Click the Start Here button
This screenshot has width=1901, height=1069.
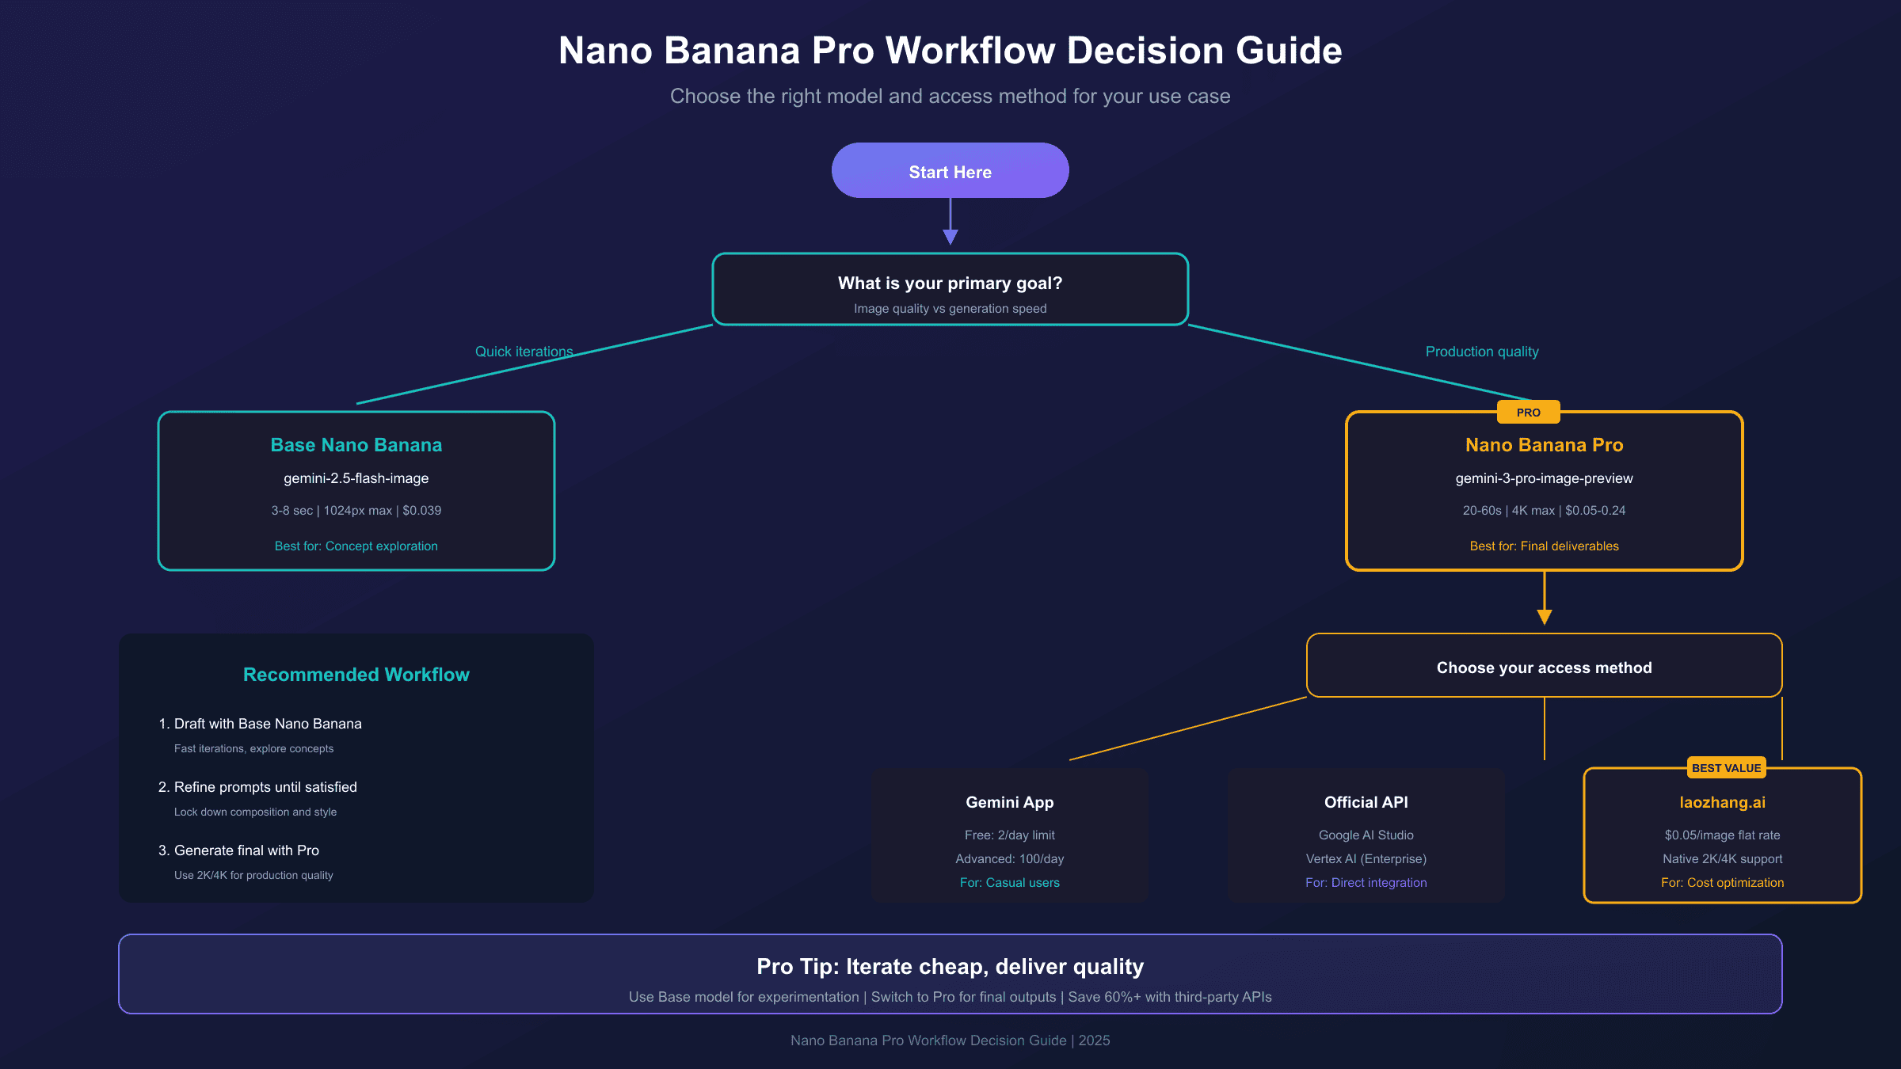pos(950,171)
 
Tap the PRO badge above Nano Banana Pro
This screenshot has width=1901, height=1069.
pos(1528,413)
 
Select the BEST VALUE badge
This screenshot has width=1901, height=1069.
pos(1726,768)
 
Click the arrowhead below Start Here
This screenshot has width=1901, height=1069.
pos(950,236)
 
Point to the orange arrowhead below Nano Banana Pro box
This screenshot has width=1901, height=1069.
pos(1544,617)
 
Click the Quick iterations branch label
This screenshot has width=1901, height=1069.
pos(524,352)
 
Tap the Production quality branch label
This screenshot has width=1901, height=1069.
pos(1481,352)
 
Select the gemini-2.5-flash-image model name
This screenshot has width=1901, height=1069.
pos(356,478)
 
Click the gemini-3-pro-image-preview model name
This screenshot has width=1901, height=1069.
pos(1544,478)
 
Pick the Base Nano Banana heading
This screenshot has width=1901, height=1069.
pos(356,445)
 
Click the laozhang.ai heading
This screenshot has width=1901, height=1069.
pos(1722,802)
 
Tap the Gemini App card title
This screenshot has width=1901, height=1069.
pos(1009,802)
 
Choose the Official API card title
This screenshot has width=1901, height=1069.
pos(1366,802)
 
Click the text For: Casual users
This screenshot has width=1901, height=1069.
pos(1009,883)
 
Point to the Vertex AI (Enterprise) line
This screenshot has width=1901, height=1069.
pos(1366,859)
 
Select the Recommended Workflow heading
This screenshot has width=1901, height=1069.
pos(356,675)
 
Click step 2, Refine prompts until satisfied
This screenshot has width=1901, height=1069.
pos(265,787)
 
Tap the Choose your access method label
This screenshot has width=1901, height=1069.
pos(1544,668)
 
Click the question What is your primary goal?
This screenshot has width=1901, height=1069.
pos(950,283)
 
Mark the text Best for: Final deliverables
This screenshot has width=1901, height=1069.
pos(1544,546)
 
